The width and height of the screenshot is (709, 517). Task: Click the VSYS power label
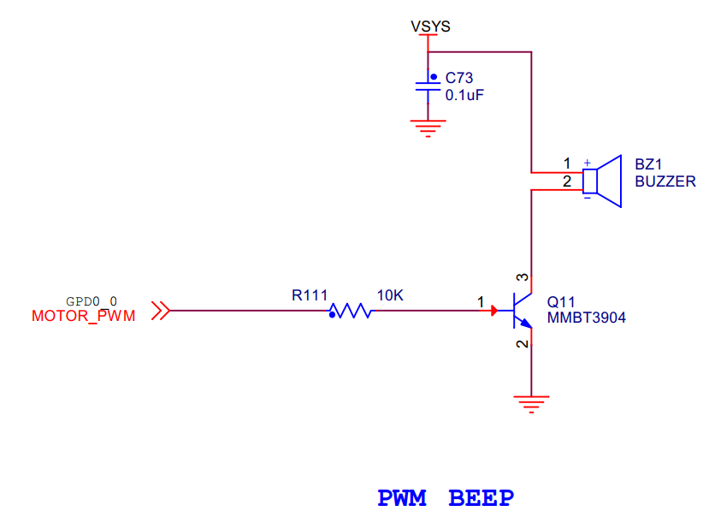pos(430,26)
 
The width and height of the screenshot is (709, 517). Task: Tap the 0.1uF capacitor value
pos(465,94)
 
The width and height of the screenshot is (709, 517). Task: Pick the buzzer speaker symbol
pos(602,181)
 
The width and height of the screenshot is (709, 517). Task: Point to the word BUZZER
pos(665,181)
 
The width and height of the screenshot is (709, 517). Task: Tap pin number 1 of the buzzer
pos(566,163)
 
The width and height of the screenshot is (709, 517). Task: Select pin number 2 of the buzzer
pos(566,181)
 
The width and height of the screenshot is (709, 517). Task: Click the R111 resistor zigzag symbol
pos(351,312)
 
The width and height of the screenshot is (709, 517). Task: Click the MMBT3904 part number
pos(587,318)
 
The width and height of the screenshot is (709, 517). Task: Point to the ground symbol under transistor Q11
pos(531,403)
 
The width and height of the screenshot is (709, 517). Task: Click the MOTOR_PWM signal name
pos(83,315)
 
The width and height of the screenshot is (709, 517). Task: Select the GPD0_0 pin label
pos(91,301)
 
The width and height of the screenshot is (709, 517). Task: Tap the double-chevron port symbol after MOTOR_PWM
pos(161,312)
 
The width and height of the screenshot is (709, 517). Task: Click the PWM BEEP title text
pos(446,498)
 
